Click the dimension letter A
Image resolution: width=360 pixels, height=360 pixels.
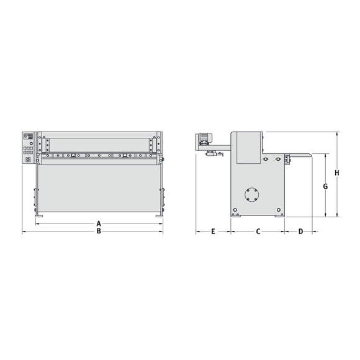coord(98,223)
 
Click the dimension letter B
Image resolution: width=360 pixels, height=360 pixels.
coord(98,232)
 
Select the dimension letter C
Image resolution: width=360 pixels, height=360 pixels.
coord(258,232)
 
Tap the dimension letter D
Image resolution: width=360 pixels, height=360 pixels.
coord(300,232)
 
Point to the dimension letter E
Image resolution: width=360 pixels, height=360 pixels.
coord(213,232)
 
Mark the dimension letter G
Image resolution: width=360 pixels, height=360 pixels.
coord(325,186)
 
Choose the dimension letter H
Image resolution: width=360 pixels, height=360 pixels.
coord(336,173)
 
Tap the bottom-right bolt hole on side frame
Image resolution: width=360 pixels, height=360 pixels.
coord(277,210)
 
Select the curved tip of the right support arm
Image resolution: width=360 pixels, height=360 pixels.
coord(308,154)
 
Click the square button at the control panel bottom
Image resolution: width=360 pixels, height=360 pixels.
coord(28,159)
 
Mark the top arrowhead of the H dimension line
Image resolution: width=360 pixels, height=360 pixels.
coord(338,133)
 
